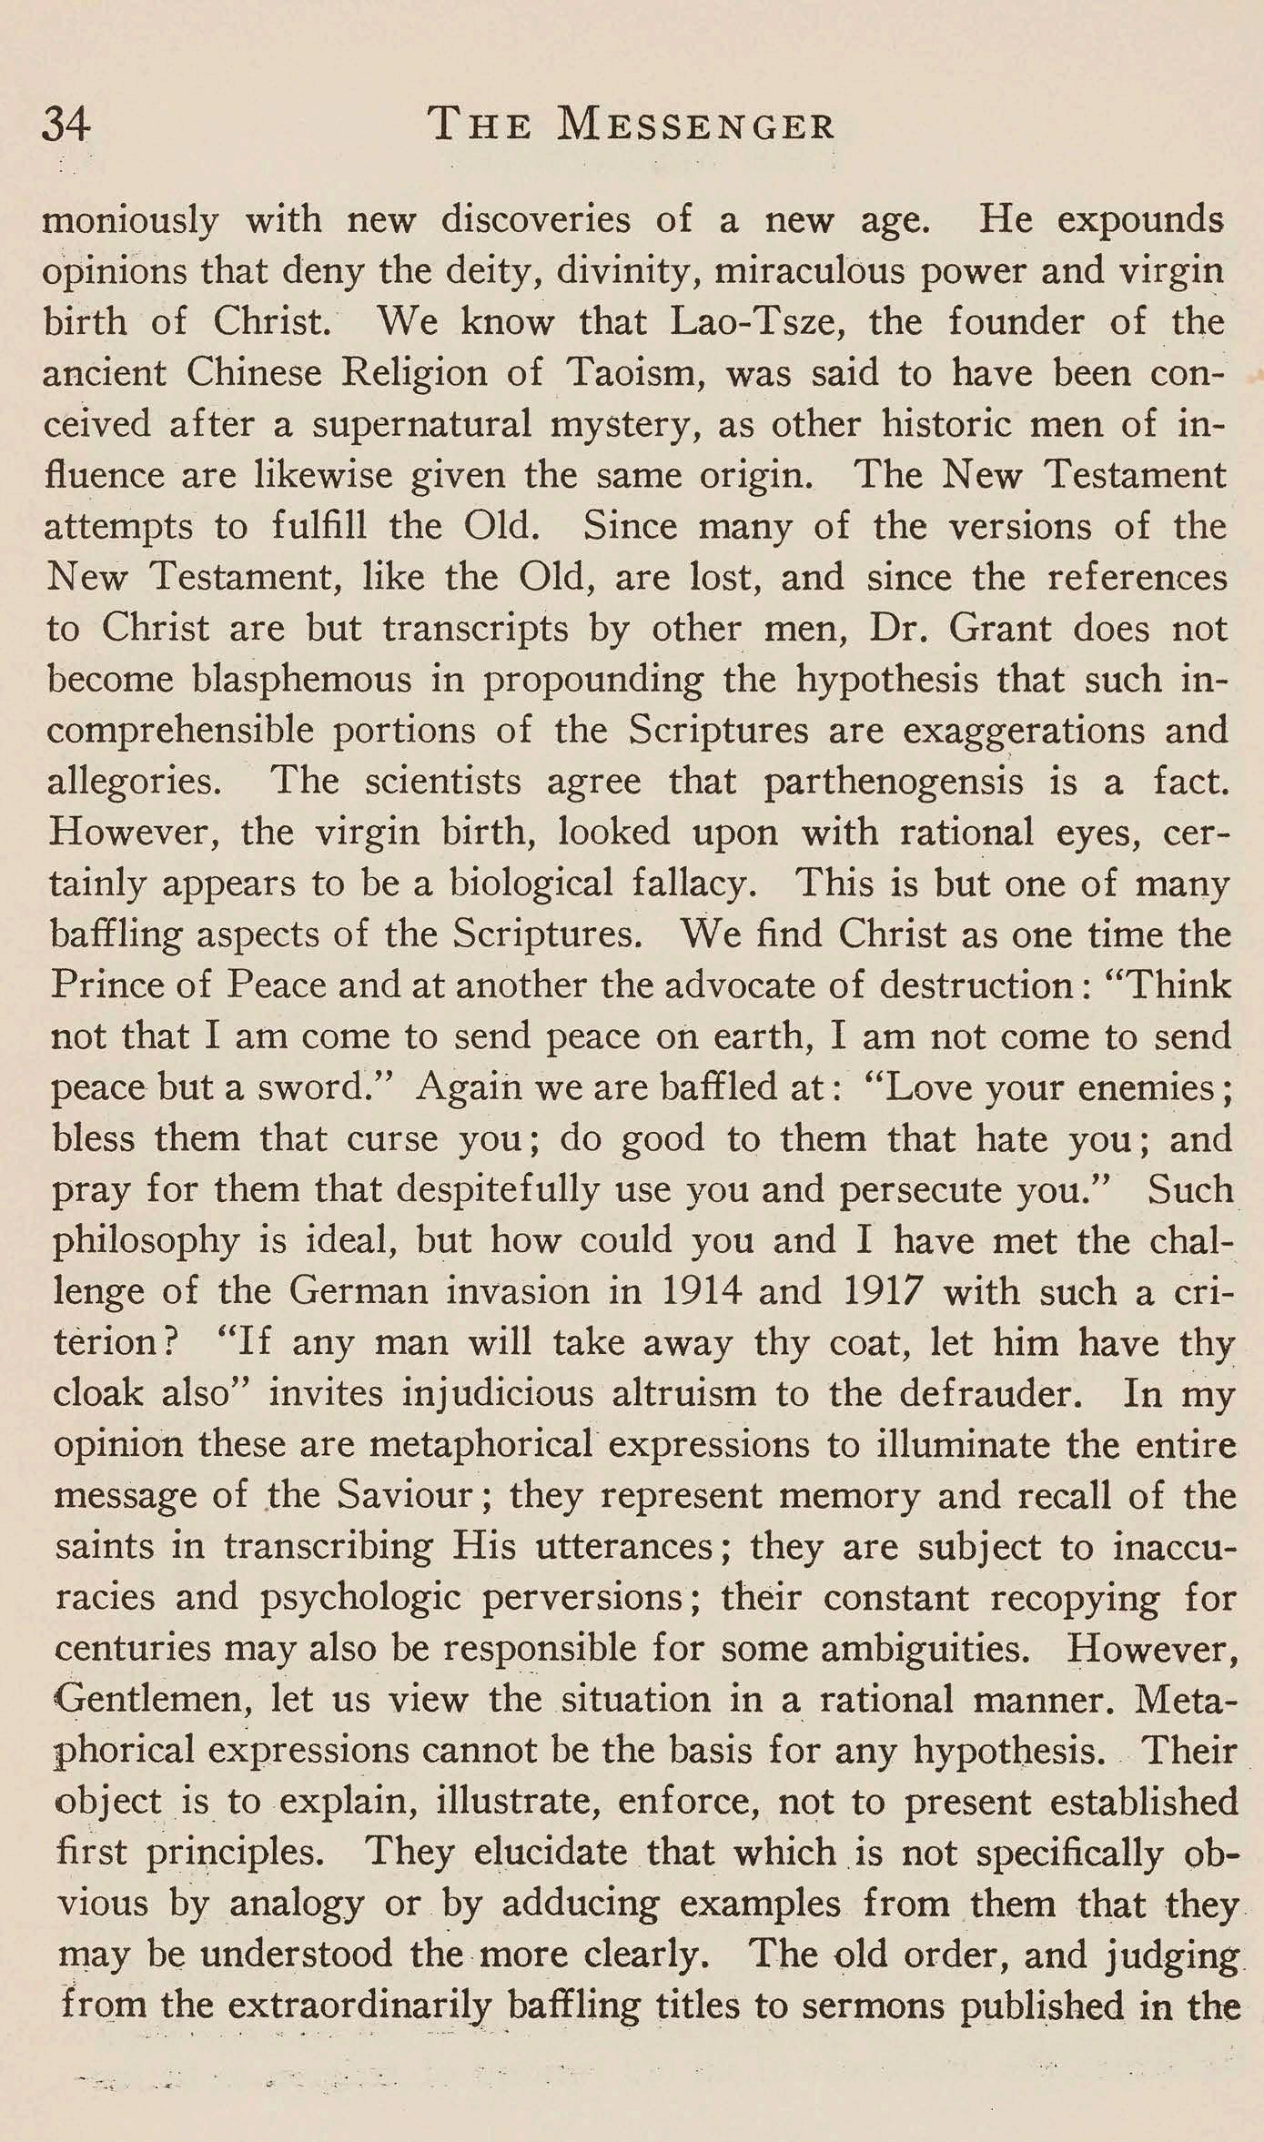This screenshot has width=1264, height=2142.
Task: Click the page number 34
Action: (66, 125)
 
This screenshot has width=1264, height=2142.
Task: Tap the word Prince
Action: (108, 985)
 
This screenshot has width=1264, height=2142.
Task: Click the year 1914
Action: (693, 1292)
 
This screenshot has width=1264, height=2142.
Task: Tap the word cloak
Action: (98, 1394)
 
